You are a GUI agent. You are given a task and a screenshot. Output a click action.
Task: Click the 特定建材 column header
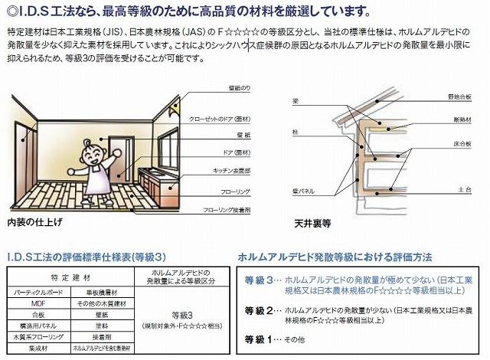pyautogui.click(x=70, y=277)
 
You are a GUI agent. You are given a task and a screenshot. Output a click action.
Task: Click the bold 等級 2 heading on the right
pyautogui.click(x=258, y=309)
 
